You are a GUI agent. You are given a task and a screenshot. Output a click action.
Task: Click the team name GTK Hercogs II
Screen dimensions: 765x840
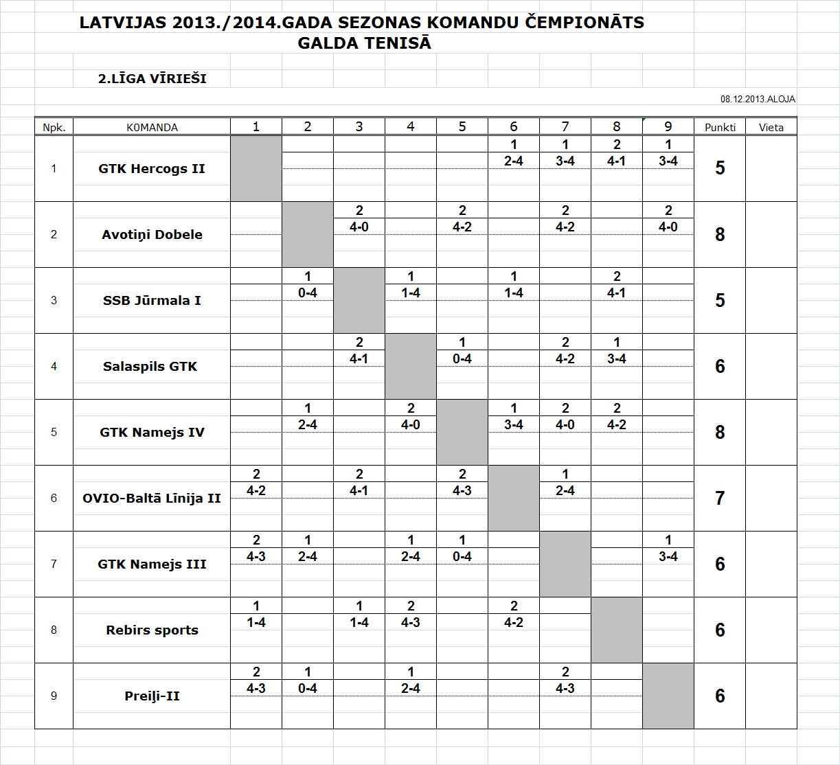(152, 168)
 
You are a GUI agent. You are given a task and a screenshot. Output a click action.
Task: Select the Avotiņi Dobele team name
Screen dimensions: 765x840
(152, 234)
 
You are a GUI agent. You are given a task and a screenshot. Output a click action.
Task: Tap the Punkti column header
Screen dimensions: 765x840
(719, 127)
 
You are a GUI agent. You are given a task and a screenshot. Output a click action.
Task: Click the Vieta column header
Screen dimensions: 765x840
(771, 127)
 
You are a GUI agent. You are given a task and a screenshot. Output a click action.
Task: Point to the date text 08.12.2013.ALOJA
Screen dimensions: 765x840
(758, 99)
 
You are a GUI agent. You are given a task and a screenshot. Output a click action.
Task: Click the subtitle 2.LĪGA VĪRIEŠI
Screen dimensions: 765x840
(152, 79)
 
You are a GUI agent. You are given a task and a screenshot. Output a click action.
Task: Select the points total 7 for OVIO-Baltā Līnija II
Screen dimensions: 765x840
(719, 498)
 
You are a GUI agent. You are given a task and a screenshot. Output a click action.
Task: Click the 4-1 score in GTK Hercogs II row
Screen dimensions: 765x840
(616, 161)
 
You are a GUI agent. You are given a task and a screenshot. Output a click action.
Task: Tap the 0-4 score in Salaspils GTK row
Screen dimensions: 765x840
(462, 359)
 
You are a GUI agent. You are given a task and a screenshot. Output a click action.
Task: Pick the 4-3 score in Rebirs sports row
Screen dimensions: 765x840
(410, 623)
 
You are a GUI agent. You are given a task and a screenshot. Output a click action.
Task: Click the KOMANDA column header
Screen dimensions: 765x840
(152, 127)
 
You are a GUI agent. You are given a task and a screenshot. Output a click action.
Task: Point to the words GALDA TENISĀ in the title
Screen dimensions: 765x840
(364, 43)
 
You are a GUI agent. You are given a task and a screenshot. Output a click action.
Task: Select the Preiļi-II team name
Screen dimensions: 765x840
(152, 696)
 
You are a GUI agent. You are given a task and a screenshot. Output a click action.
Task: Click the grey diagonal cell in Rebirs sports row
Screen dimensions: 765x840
(616, 630)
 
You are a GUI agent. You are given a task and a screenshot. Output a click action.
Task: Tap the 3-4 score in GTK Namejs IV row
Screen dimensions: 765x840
(513, 425)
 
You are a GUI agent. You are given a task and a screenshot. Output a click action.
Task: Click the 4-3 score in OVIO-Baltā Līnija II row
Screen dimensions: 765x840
(462, 491)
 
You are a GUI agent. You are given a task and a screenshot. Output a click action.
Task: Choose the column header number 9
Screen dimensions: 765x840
(668, 126)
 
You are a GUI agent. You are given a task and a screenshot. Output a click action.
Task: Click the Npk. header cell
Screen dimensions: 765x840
(54, 127)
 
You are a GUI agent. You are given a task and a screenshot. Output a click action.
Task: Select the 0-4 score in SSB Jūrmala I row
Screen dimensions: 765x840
(307, 293)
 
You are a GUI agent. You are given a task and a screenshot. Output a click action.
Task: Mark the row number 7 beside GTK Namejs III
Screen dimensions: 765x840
(54, 564)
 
